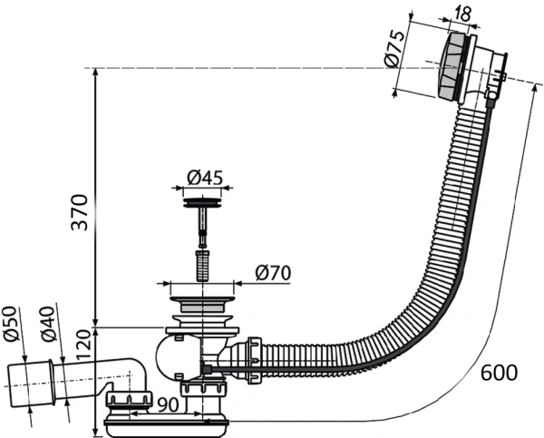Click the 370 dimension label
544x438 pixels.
[81, 211]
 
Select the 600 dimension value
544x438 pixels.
[500, 373]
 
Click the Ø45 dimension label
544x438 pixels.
[205, 176]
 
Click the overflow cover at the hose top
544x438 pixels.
[452, 68]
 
